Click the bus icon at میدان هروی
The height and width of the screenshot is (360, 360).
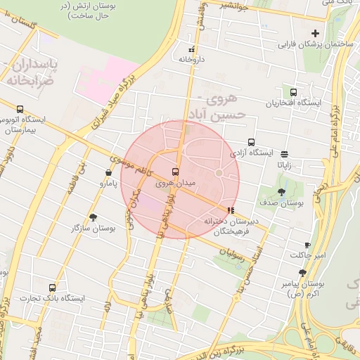point(175,172)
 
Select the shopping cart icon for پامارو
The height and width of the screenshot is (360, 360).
point(108,173)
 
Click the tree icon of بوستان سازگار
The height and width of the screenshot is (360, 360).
point(93,217)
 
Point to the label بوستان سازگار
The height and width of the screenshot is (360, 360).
point(93,229)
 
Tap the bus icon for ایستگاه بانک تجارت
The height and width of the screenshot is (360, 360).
point(52,288)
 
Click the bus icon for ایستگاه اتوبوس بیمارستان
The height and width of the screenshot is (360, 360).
point(19,109)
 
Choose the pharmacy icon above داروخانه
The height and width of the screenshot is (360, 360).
point(191,49)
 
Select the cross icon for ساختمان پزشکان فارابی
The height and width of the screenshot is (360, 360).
point(315,33)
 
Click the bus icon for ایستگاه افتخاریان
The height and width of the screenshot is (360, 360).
point(293,91)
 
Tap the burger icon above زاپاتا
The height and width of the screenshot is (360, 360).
point(284,154)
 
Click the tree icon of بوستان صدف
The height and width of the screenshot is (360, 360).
point(282,191)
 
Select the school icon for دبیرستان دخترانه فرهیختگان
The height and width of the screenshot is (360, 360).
point(231,210)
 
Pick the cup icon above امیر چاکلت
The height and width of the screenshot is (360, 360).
point(307,245)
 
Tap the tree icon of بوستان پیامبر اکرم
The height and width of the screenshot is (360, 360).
point(302,272)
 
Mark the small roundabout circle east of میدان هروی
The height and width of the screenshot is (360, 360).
point(219,172)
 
